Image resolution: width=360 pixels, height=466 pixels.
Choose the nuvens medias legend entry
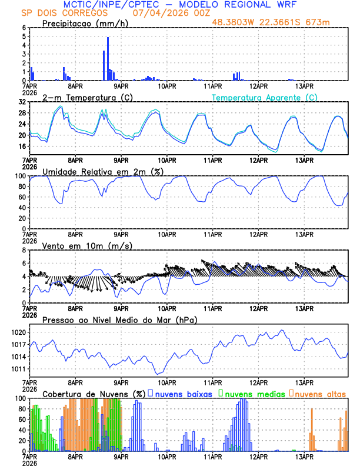252,393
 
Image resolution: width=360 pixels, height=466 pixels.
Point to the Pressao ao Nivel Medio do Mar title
119,319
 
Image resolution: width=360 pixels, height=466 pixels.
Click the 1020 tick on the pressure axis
19,332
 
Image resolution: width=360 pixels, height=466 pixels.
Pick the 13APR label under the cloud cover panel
304,455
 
